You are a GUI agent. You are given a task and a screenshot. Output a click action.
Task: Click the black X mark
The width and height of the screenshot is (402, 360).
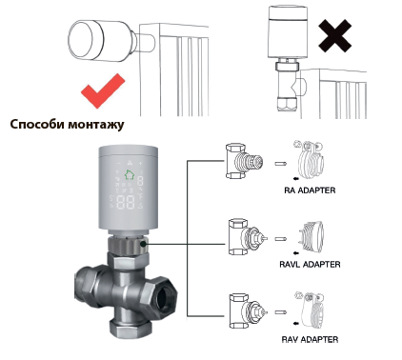335,36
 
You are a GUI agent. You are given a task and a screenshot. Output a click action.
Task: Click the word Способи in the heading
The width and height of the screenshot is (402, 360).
37,124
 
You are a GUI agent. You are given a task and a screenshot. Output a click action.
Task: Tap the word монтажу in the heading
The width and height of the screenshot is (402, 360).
96,125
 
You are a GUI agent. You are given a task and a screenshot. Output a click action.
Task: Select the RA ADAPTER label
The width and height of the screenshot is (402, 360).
310,190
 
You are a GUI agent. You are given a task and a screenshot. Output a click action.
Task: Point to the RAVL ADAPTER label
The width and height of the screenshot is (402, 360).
310,264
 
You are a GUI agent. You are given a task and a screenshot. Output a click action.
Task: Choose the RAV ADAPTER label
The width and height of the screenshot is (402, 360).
310,339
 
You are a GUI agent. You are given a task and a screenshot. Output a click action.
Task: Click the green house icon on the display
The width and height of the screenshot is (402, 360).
129,174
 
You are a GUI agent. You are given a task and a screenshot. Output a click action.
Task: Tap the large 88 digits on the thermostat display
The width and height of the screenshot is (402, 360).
126,202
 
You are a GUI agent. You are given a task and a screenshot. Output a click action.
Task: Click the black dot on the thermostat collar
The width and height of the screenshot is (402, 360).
143,244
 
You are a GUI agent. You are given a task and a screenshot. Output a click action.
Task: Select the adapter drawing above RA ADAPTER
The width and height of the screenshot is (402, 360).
310,160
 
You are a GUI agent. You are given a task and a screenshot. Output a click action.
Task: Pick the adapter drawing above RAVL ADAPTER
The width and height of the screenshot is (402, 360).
311,236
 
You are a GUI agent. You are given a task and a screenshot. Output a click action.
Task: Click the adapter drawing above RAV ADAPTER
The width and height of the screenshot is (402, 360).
309,310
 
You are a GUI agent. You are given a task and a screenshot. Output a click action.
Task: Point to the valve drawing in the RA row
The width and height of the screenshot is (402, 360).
244,161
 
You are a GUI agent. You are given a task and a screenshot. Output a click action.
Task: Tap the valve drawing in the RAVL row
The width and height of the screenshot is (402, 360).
247,236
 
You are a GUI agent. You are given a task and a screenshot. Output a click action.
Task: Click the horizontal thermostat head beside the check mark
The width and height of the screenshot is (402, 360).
102,41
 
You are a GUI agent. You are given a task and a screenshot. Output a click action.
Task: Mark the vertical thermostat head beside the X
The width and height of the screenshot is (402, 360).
288,31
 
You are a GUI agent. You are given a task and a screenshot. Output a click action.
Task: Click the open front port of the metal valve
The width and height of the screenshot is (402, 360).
165,297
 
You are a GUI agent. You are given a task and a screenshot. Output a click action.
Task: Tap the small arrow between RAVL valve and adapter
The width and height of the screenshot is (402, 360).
281,239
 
